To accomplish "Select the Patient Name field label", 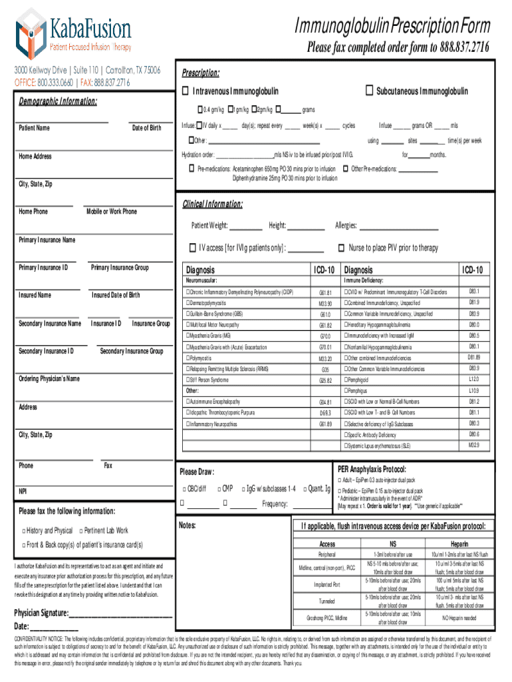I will click(34, 128).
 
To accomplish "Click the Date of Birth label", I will click(146, 128).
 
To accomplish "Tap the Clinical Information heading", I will click(212, 203).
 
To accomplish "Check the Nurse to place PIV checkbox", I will click(342, 248).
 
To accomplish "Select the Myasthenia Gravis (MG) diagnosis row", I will click(209, 336).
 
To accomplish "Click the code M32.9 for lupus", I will click(473, 444).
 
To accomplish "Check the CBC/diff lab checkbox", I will click(184, 489).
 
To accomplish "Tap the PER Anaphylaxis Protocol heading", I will click(372, 469).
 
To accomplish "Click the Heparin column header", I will click(459, 544).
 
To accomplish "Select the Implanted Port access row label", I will click(327, 584).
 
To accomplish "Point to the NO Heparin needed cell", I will click(459, 617).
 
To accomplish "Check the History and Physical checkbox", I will click(23, 530).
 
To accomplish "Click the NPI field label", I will click(23, 492).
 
